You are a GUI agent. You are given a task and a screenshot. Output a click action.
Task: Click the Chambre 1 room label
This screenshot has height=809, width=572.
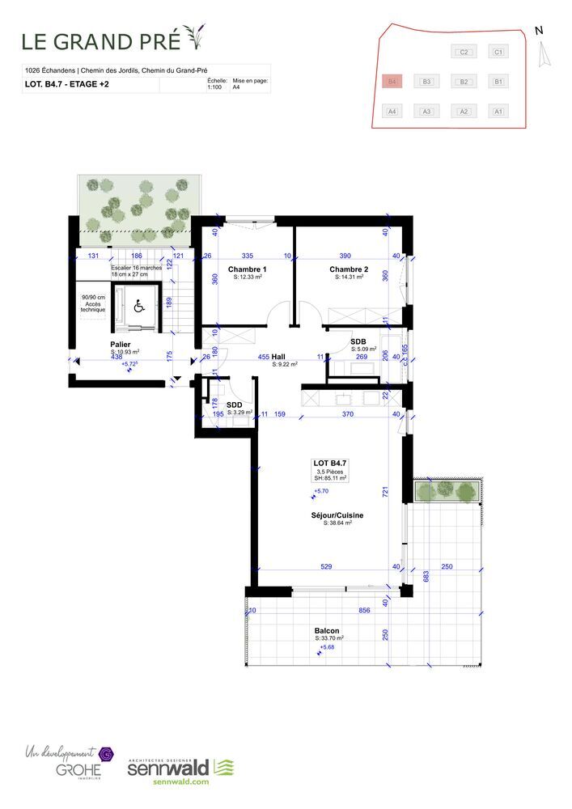pyautogui.click(x=247, y=269)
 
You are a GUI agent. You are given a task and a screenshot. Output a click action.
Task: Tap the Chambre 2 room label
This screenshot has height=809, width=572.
pyautogui.click(x=349, y=269)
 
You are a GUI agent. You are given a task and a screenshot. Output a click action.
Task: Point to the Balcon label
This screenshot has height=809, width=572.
pyautogui.click(x=327, y=631)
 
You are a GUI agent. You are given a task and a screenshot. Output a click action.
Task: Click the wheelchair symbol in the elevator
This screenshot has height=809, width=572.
pyautogui.click(x=138, y=306)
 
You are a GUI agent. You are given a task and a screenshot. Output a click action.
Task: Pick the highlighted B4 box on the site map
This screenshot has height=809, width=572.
pyautogui.click(x=392, y=82)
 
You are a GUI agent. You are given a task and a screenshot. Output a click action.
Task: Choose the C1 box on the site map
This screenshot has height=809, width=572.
pyautogui.click(x=499, y=53)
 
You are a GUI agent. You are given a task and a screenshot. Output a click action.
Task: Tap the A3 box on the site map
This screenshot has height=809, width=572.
pyautogui.click(x=426, y=112)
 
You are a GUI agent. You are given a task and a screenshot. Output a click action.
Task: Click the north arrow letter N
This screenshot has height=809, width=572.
pyautogui.click(x=539, y=31)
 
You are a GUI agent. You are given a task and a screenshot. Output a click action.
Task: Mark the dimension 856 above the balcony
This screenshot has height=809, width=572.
pyautogui.click(x=364, y=611)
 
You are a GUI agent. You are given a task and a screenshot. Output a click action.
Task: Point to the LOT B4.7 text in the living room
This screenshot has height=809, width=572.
pyautogui.click(x=329, y=464)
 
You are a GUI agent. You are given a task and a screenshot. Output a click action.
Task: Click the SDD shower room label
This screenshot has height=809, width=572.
pyautogui.click(x=235, y=405)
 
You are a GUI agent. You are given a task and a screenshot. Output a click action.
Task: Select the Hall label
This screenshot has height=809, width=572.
pyautogui.click(x=278, y=356)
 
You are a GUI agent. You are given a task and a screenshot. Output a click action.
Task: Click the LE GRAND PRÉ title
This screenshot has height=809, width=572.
pyautogui.click(x=100, y=40)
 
